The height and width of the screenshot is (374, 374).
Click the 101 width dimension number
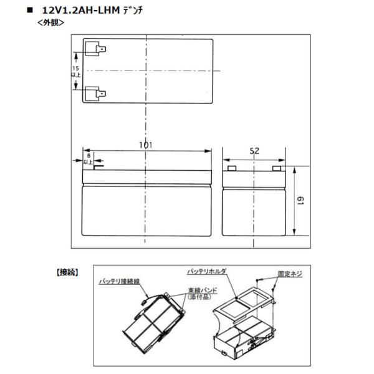(x=145, y=145)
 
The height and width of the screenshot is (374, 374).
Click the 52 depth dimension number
(x=254, y=150)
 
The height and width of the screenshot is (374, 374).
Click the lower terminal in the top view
(x=95, y=93)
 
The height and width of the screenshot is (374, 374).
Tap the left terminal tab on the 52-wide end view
(x=232, y=168)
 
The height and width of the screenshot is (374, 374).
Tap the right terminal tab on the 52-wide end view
(x=276, y=168)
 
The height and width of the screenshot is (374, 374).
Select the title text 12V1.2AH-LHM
(x=87, y=10)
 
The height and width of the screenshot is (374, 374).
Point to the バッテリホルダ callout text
(x=208, y=272)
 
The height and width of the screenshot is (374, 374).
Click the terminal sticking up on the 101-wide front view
(x=97, y=165)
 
